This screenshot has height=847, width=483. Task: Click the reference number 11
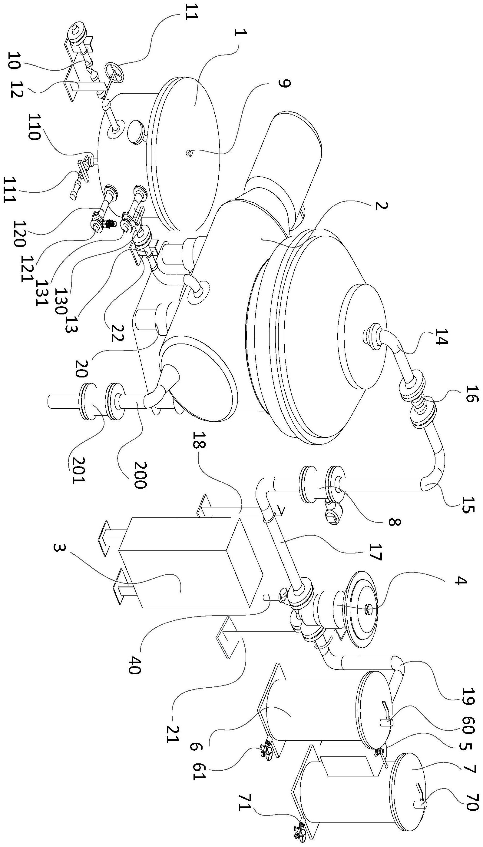tap(190, 12)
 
